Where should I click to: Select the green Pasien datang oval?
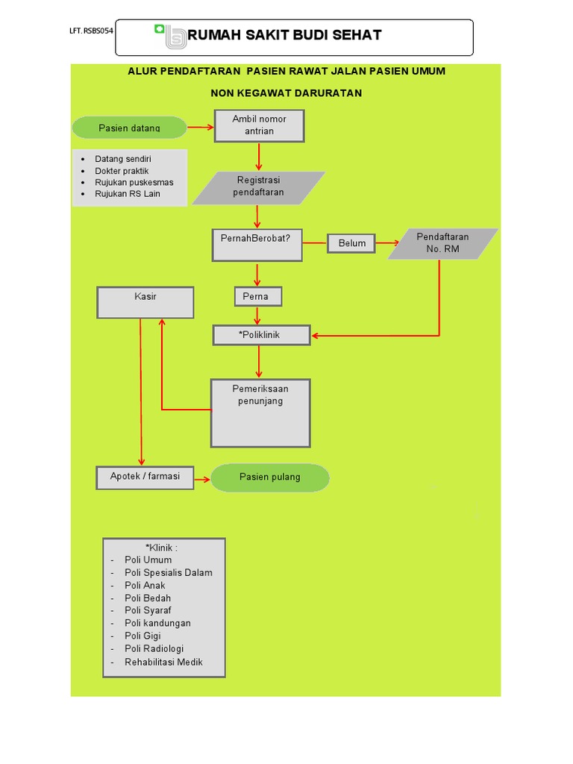click(129, 128)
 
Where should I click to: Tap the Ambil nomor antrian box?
click(259, 125)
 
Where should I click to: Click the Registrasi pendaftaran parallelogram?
click(259, 187)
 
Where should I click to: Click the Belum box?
click(352, 243)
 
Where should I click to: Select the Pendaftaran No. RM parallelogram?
click(442, 243)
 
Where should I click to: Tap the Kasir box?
click(145, 302)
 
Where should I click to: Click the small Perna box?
click(258, 297)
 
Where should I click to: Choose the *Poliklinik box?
click(260, 336)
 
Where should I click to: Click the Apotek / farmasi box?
click(145, 477)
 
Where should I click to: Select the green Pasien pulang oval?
click(269, 477)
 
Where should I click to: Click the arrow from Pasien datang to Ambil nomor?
click(200, 128)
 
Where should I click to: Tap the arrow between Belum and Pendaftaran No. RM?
click(386, 243)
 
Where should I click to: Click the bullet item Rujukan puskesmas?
click(134, 182)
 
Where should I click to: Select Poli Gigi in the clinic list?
click(143, 636)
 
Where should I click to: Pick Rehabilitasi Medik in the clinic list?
click(163, 662)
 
